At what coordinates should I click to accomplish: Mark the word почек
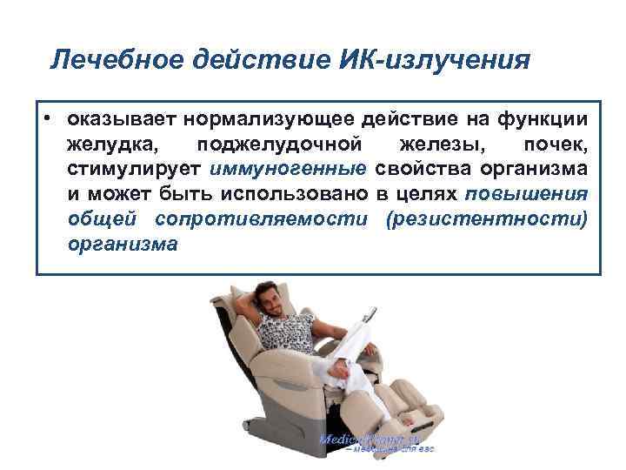click(x=556, y=144)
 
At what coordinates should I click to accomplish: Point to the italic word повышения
click(x=526, y=193)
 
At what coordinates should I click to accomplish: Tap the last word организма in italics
click(x=122, y=243)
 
